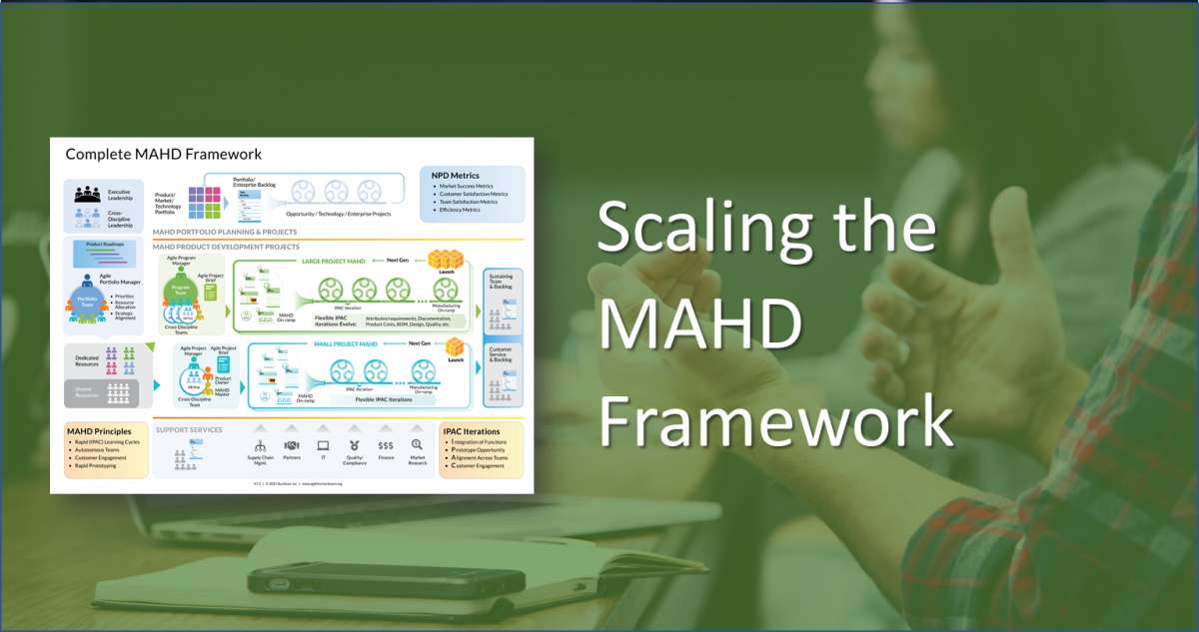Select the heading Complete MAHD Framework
[164, 154]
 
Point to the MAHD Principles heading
[98, 431]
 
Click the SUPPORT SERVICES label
[189, 430]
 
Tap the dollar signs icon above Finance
[385, 445]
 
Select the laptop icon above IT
[323, 445]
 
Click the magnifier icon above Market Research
[417, 445]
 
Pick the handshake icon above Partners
[292, 445]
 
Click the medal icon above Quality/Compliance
[354, 445]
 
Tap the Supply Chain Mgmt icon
[261, 445]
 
